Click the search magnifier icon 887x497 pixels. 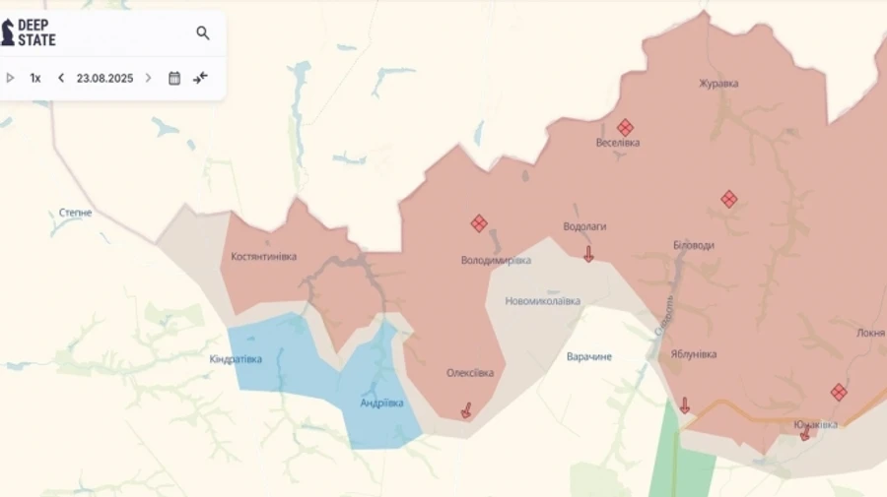203,33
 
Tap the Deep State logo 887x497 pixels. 29,32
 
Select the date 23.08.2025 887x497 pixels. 104,78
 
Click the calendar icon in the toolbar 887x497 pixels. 174,78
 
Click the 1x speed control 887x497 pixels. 35,78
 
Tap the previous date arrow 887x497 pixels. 61,78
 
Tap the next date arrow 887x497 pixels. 149,78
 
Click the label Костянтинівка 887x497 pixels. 263,257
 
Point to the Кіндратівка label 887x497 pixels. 237,359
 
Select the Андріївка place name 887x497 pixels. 381,404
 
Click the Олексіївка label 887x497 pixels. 470,373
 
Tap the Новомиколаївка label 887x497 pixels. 542,301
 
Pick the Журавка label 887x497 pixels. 718,84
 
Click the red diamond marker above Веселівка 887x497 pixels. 625,127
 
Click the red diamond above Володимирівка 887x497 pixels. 479,223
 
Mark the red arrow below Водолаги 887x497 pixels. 588,254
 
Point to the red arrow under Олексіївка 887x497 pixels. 466,409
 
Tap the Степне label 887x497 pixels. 76,213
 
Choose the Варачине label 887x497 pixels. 589,356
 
